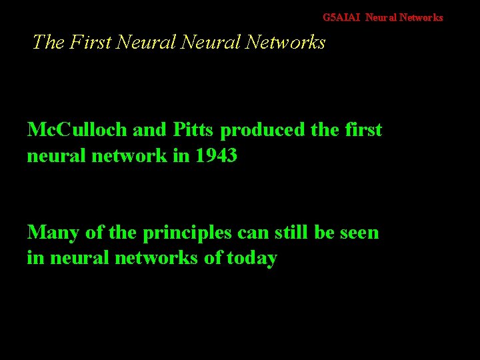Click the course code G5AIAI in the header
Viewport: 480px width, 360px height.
click(341, 17)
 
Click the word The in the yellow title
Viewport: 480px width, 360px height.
click(47, 42)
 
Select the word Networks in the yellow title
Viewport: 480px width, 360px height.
click(285, 42)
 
